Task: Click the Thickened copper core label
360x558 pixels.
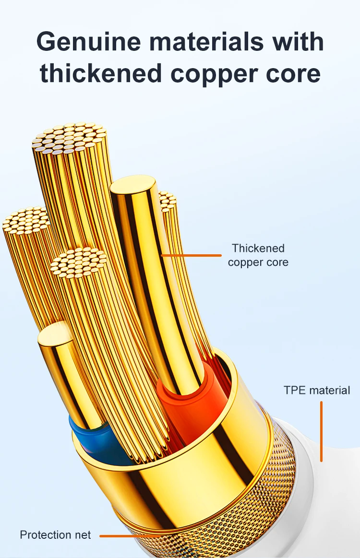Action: point(258,255)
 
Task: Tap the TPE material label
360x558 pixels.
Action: point(317,390)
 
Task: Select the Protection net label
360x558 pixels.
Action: point(55,534)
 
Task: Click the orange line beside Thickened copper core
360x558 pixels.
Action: point(192,255)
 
